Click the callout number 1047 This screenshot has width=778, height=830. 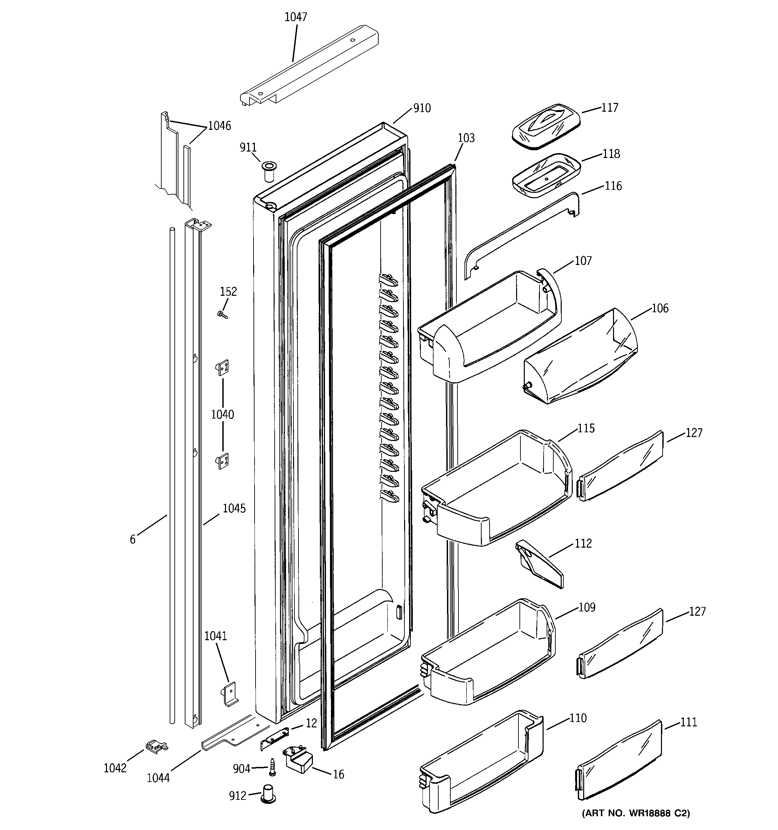coord(296,17)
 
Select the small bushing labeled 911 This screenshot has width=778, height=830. coord(267,171)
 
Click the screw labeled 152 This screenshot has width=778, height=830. coord(223,314)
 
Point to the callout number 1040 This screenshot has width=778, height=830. coord(222,414)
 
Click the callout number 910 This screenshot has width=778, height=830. coord(422,108)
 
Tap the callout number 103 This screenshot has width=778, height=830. coord(466,138)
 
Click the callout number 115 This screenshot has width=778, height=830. coord(586,428)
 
